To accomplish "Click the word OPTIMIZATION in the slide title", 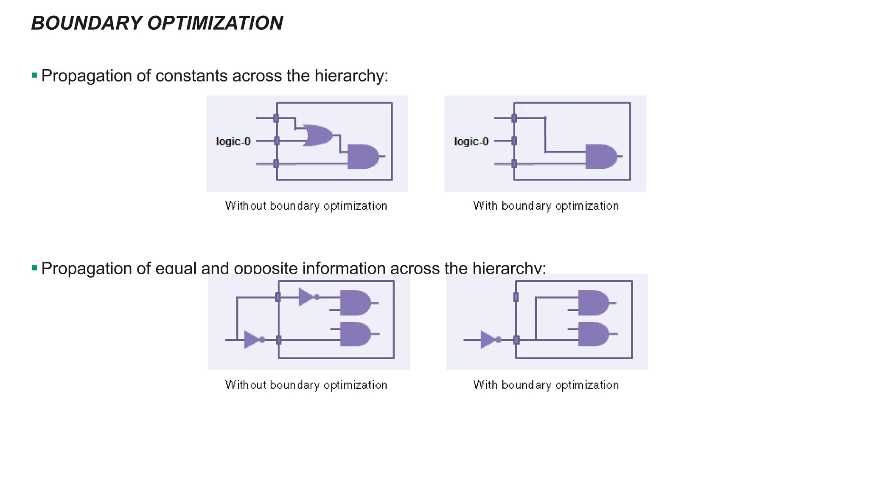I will [215, 23].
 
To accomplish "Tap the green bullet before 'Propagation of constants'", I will [34, 76].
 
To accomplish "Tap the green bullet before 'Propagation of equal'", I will [34, 268].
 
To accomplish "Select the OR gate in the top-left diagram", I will [317, 135].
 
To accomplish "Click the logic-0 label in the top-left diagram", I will [233, 141].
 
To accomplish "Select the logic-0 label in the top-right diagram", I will [471, 141].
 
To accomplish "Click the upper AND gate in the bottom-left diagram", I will [355, 303].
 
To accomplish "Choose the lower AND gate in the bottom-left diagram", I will [355, 334].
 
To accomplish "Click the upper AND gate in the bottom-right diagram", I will [593, 303].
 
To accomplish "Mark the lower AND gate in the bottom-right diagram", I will [593, 334].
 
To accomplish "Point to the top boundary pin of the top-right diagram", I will [514, 118].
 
